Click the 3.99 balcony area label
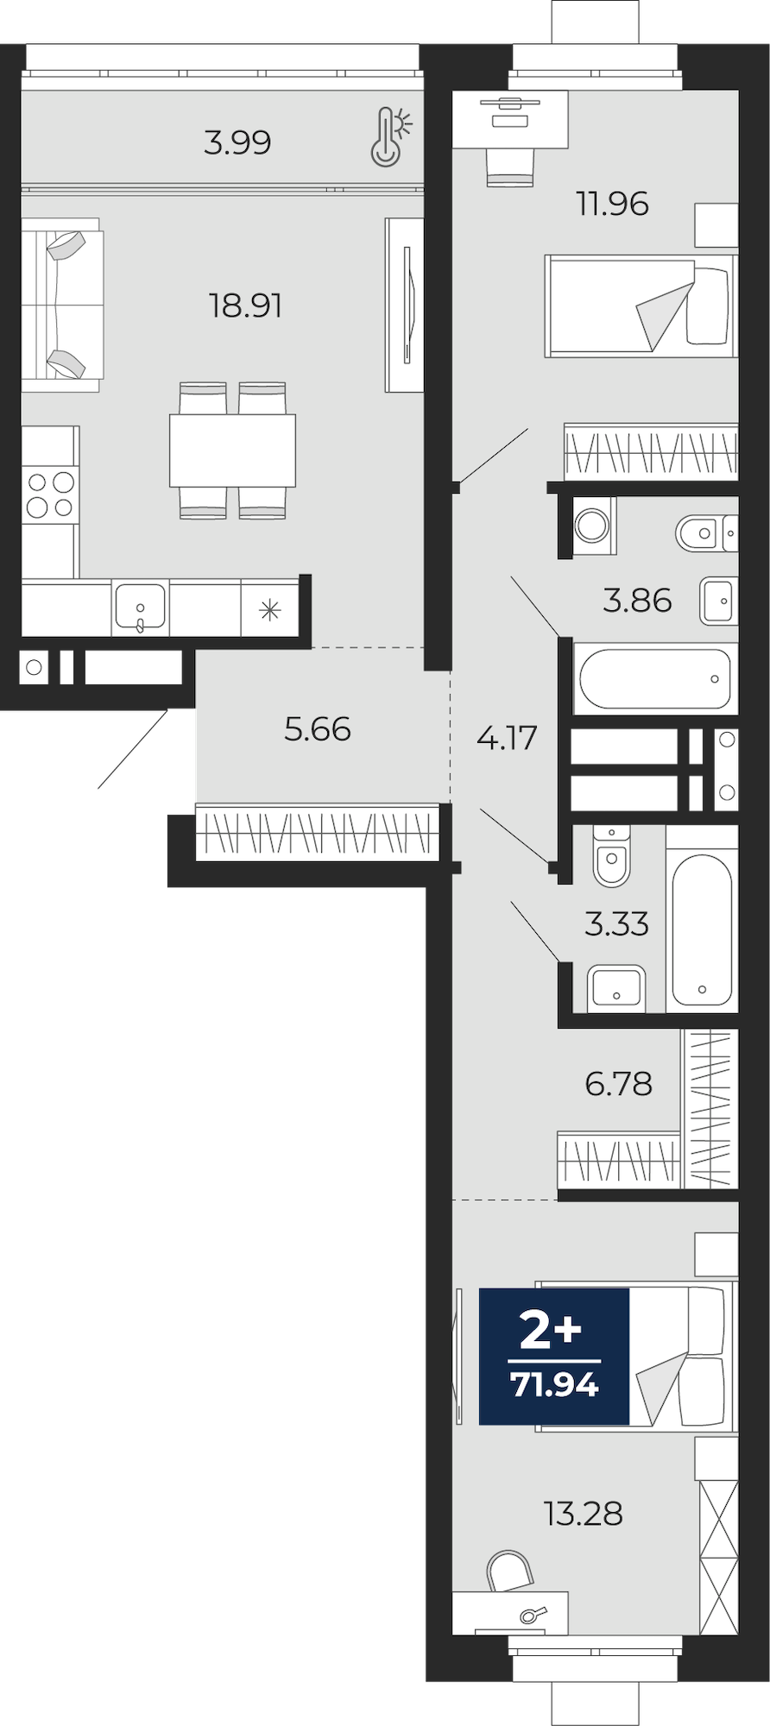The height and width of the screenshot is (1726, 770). coord(237,142)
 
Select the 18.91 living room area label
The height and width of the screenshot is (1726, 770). coord(246,306)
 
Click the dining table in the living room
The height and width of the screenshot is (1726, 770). coord(232,450)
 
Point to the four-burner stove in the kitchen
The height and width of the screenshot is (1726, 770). coord(49,494)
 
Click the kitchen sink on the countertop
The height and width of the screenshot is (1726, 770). coord(139,608)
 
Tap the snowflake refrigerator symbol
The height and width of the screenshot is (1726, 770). coord(270,611)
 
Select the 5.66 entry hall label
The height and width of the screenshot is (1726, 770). coord(318,730)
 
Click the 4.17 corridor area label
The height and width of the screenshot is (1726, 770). coord(507,738)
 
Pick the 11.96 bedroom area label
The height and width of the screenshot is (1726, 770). coord(612,205)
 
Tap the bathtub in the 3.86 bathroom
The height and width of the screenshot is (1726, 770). coord(656,678)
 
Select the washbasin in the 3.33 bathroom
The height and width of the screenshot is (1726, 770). coord(616,987)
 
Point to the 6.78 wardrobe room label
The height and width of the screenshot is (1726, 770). coord(619,1084)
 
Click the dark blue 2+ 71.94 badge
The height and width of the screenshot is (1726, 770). coord(554,1356)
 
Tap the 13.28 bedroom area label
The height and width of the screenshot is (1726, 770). coord(584,1514)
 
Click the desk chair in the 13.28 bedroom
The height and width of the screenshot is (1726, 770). coord(510,1572)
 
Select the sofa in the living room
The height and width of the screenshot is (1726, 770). coord(62,304)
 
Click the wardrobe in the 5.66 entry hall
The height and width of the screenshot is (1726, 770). coord(318,832)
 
